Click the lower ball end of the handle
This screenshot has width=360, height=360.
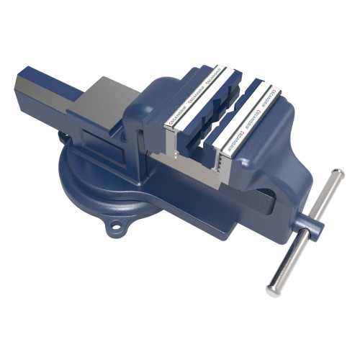click(271, 291)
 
